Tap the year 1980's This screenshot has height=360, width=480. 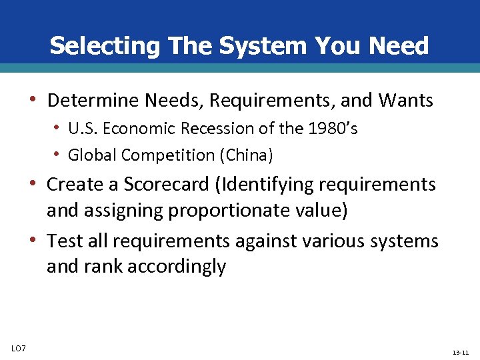point(333,129)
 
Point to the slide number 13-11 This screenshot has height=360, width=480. point(460,351)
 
